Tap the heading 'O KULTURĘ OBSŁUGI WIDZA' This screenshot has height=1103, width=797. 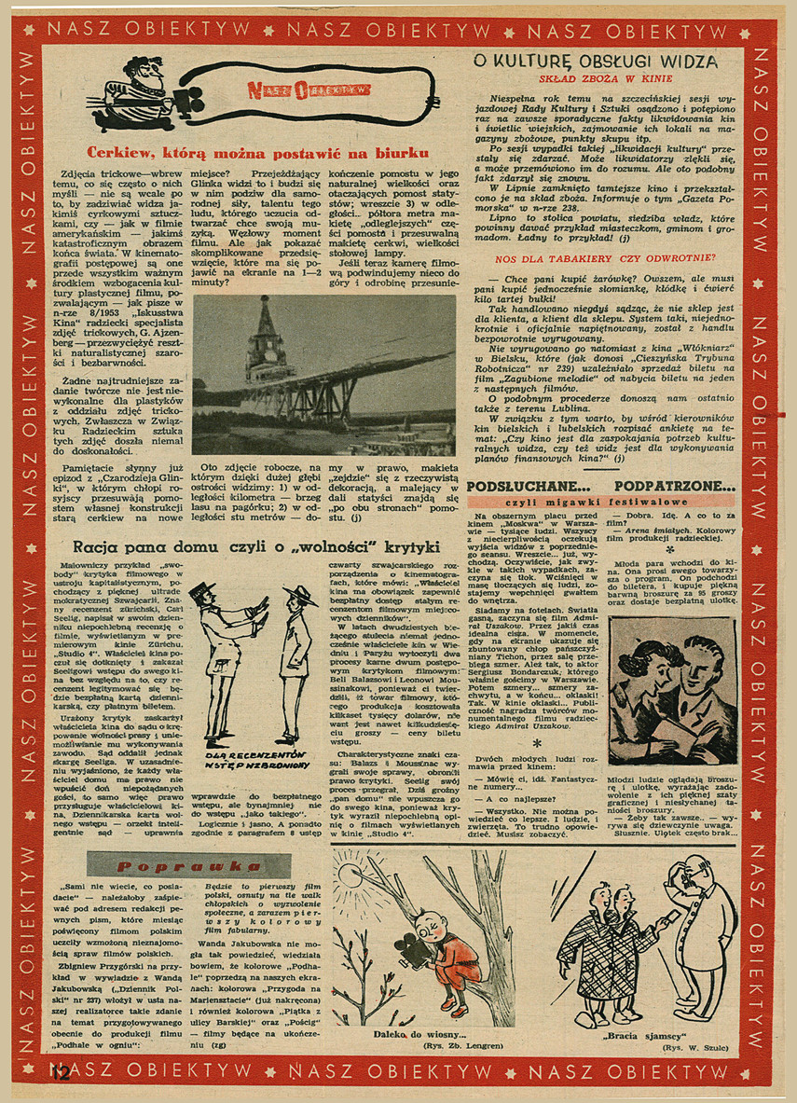tap(595, 62)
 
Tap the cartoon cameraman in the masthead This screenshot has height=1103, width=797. tap(145, 89)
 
